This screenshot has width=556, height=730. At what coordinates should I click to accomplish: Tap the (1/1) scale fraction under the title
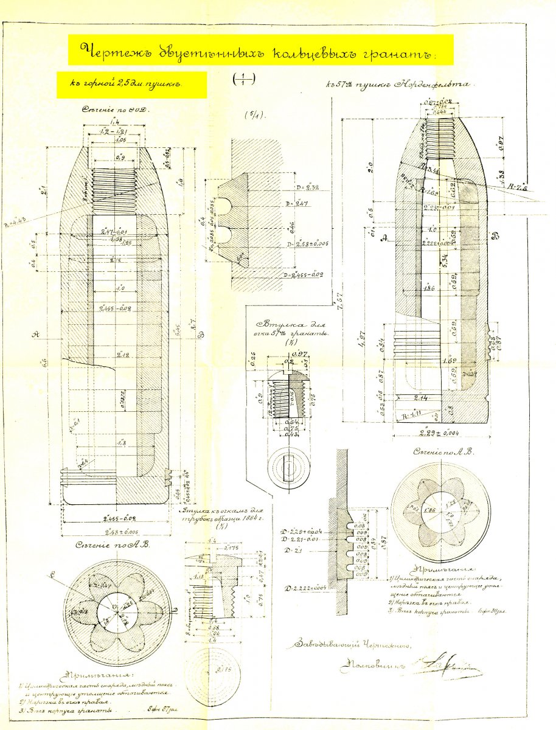pyautogui.click(x=243, y=78)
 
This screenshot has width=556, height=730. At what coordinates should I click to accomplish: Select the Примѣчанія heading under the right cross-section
pyautogui.click(x=433, y=569)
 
